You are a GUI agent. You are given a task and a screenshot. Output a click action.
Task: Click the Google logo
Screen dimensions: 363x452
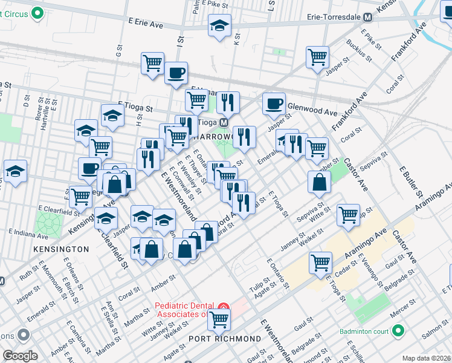tap(21, 356)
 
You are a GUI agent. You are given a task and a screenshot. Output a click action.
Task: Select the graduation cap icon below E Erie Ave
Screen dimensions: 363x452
tap(219, 25)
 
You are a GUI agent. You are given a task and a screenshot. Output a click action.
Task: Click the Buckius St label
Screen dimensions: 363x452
tap(358, 50)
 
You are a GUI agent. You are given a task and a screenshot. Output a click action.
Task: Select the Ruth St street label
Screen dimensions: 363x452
tap(28, 273)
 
